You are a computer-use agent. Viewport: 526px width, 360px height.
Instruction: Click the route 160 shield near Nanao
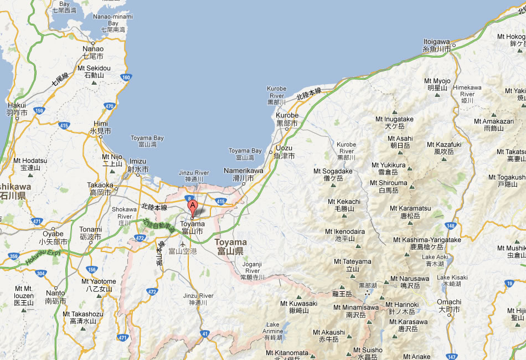point(127,78)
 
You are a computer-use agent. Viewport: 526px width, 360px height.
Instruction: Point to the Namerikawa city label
point(243,174)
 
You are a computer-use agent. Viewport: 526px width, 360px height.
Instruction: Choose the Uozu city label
point(284,152)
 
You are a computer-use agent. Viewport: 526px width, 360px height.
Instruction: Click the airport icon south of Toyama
point(183,244)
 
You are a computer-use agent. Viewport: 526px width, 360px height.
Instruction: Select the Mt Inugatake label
point(394,122)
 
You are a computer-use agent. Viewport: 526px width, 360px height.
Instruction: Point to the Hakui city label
point(17,109)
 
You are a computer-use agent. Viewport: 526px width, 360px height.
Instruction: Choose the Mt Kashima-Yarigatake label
point(426,243)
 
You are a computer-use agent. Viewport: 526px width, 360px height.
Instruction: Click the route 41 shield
point(205,333)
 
